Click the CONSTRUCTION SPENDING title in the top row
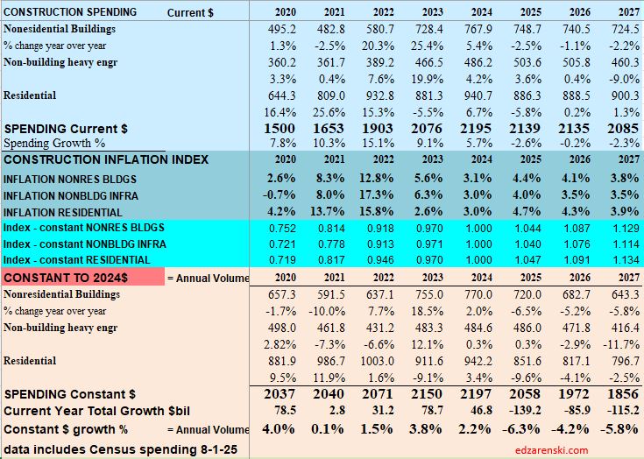click(x=70, y=12)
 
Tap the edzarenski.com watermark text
click(x=552, y=449)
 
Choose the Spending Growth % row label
click(x=54, y=143)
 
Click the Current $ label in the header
click(x=190, y=12)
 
